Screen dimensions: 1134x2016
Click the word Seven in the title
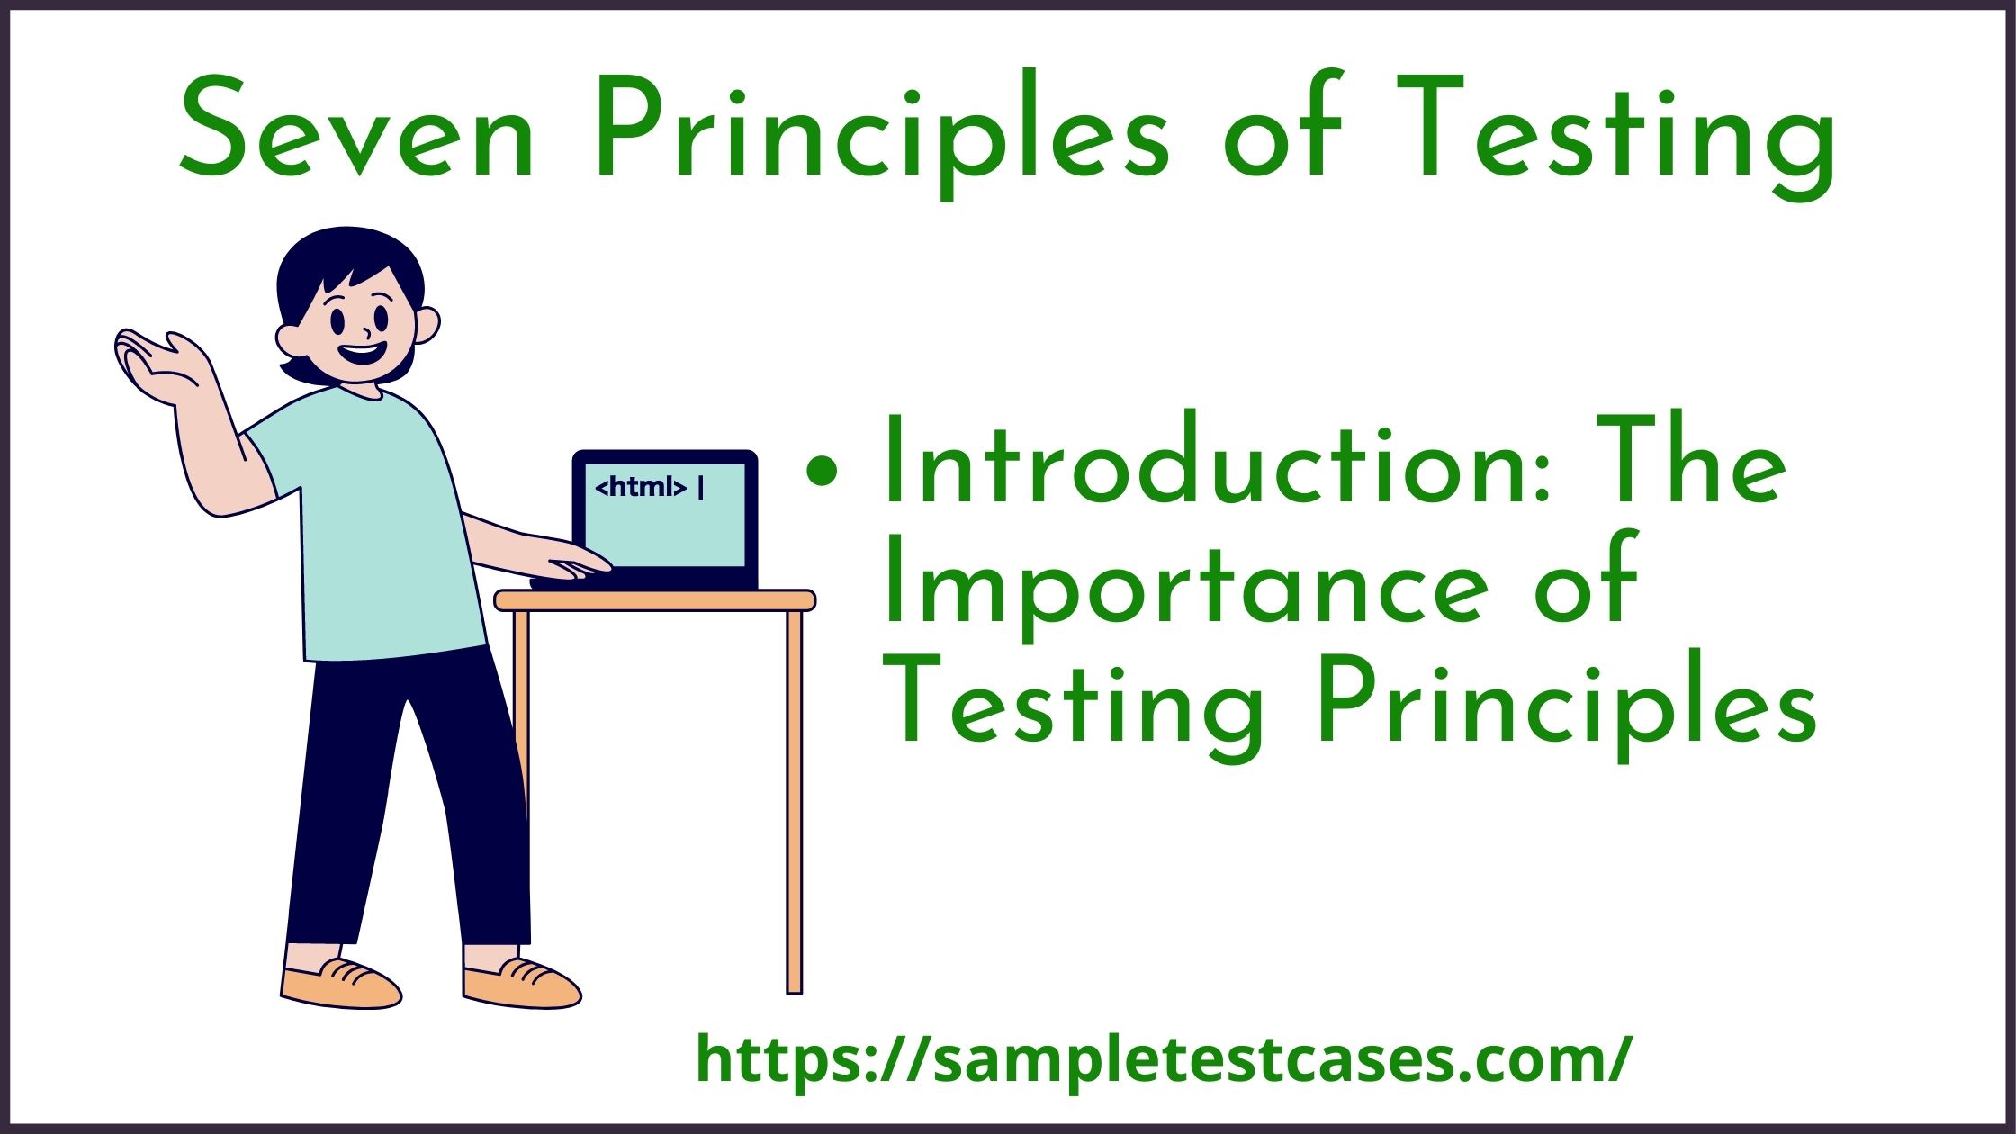point(358,130)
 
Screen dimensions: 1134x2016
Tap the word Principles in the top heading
point(882,135)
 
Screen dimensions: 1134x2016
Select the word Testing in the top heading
point(1615,135)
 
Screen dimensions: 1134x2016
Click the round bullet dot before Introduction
point(822,472)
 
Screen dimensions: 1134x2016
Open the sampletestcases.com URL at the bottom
point(1164,1060)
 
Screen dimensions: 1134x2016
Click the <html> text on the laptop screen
point(641,487)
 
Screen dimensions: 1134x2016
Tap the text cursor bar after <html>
point(701,487)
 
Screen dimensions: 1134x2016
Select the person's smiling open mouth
point(364,352)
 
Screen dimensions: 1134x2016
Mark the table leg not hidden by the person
point(794,801)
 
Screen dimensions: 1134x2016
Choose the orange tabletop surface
point(655,600)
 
